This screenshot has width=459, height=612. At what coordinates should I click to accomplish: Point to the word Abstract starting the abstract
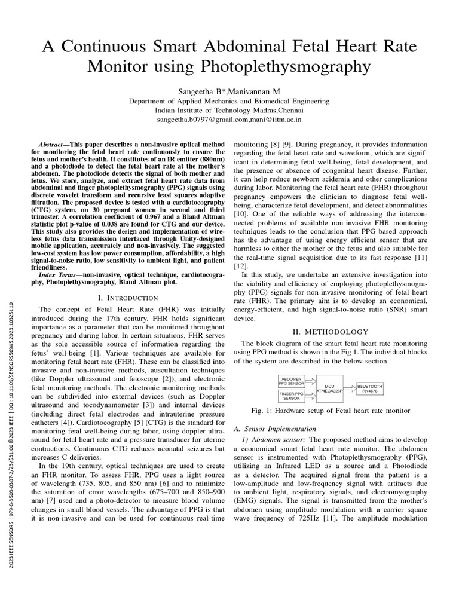pos(53,145)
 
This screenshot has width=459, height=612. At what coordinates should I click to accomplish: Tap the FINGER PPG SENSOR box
pos(292,395)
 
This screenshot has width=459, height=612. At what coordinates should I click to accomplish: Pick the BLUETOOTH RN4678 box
pos(369,389)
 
